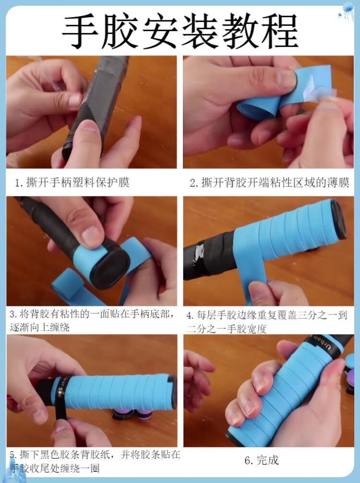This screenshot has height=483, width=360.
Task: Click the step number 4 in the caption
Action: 190,315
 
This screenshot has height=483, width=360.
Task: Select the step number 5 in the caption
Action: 12,455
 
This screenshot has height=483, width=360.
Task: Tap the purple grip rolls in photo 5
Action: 132,413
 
